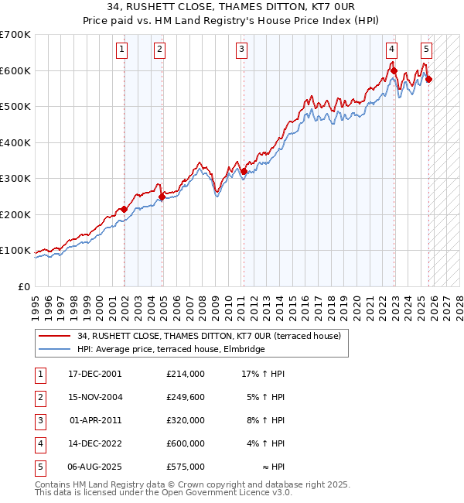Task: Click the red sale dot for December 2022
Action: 394,71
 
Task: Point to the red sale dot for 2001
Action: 124,209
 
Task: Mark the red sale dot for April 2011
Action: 244,171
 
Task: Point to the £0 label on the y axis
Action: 25,286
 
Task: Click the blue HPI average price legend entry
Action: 171,350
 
